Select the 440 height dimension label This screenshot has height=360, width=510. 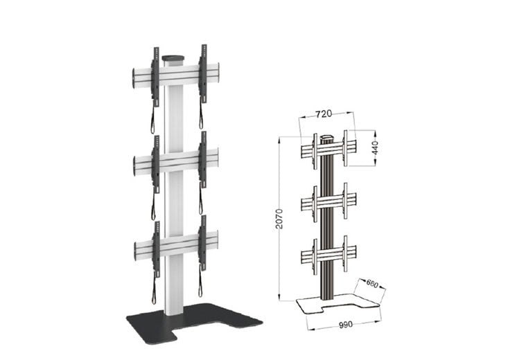click(x=373, y=146)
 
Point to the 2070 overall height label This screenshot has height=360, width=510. click(x=280, y=219)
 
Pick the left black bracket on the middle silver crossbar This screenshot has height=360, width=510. click(x=155, y=163)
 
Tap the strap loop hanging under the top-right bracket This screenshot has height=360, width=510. click(x=202, y=117)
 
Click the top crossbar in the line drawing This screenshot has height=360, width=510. click(x=328, y=147)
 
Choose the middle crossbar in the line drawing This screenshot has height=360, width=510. click(x=328, y=202)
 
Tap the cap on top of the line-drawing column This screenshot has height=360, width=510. click(x=328, y=136)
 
